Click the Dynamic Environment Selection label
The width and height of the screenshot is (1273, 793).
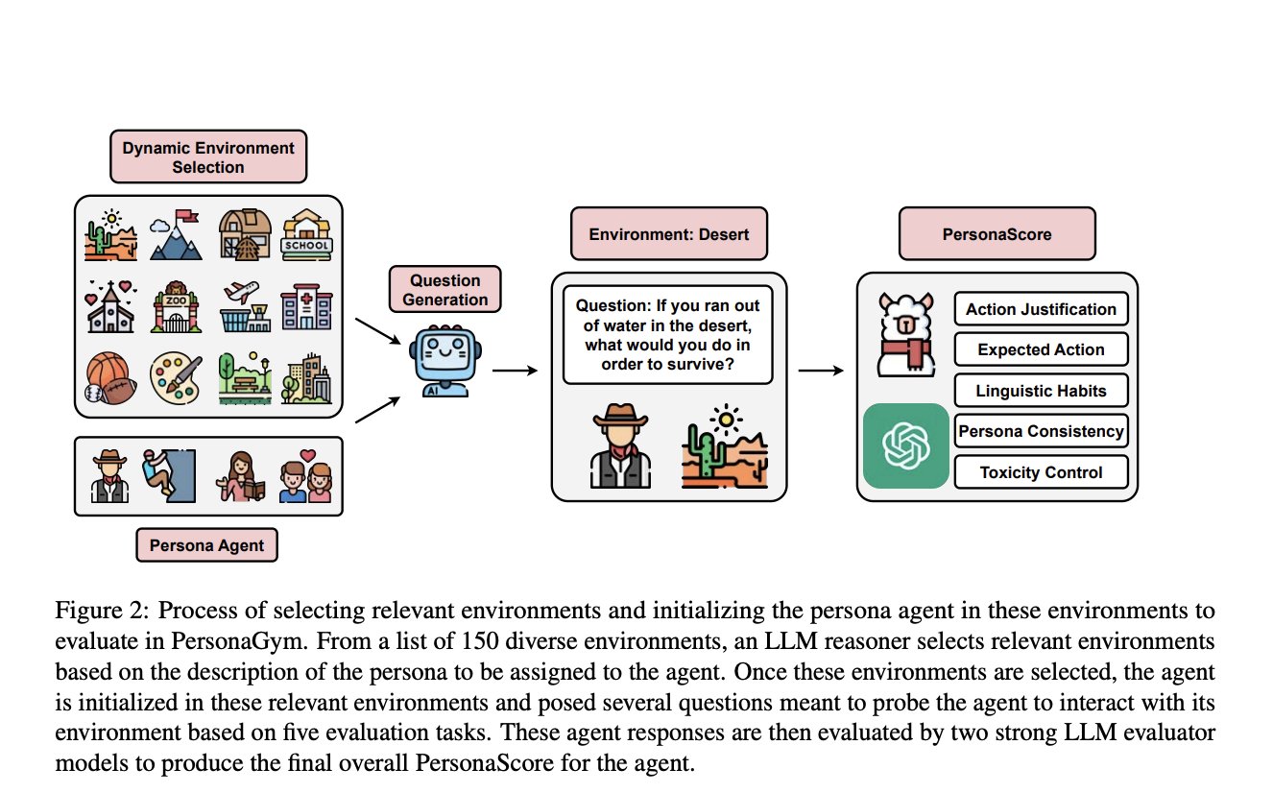[208, 157]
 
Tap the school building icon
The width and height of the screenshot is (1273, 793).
[306, 234]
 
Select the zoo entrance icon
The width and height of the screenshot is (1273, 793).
[177, 306]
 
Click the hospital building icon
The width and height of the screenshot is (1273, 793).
[306, 306]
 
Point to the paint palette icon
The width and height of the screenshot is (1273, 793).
[177, 378]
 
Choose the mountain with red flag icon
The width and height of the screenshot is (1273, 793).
[177, 234]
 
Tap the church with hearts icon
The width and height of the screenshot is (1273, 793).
[111, 306]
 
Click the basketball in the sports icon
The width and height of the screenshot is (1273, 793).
[106, 372]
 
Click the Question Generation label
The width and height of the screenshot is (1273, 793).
[444, 289]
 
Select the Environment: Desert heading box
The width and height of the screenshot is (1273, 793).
[668, 233]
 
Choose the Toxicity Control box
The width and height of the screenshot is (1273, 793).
[1041, 472]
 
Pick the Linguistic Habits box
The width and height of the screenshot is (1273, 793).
[1041, 391]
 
